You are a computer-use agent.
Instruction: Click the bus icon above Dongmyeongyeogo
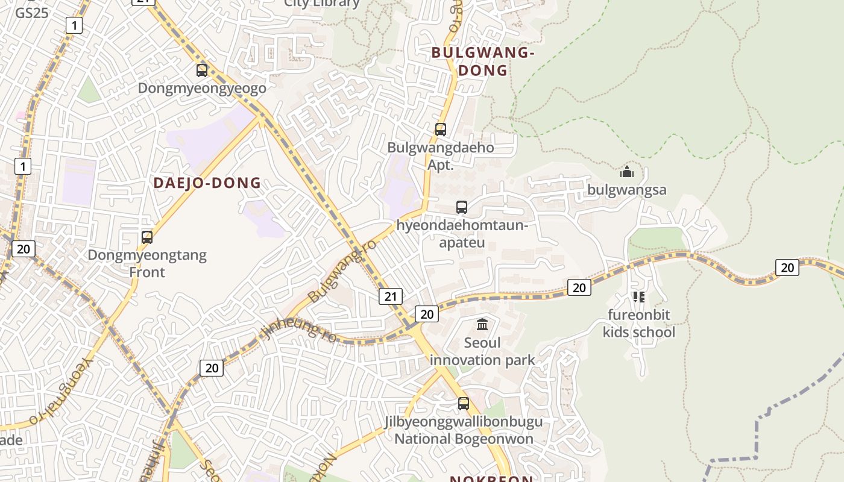[202, 70]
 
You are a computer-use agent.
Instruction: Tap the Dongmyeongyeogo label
[202, 89]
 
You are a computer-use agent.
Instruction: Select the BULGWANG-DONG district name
[483, 61]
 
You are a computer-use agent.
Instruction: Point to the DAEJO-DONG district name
[207, 183]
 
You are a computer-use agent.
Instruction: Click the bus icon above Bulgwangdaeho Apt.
[441, 129]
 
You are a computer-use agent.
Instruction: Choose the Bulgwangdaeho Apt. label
[441, 156]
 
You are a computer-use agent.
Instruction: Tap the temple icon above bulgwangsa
[627, 172]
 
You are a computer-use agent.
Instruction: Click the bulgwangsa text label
[627, 190]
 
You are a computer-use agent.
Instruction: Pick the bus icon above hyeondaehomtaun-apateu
[462, 207]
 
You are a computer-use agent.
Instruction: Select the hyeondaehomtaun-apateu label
[462, 234]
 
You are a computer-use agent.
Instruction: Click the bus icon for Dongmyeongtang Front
[147, 237]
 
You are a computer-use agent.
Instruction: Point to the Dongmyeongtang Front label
[147, 263]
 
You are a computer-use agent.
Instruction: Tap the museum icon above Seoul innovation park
[482, 325]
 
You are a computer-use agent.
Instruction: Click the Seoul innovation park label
[482, 352]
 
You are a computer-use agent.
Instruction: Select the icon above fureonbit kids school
[639, 296]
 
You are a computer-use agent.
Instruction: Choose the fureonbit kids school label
[639, 324]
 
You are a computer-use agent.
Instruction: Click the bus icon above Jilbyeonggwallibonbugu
[463, 404]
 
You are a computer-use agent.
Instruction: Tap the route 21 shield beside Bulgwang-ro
[391, 296]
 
